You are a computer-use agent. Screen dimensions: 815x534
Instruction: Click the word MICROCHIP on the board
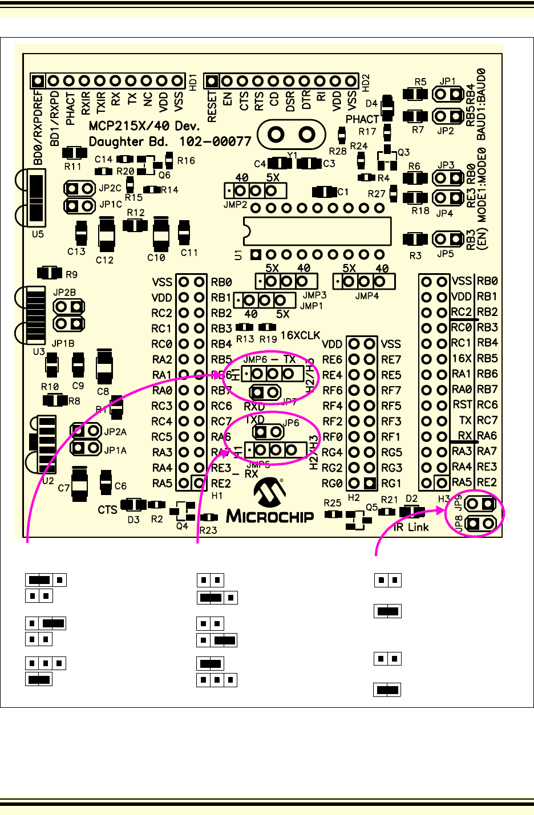click(270, 517)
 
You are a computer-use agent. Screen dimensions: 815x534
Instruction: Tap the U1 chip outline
click(318, 231)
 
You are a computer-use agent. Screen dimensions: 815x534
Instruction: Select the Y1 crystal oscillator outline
click(292, 135)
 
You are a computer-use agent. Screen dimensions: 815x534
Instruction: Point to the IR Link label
click(411, 528)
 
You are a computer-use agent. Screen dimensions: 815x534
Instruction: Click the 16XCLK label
click(300, 335)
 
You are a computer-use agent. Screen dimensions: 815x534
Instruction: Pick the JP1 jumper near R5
click(448, 94)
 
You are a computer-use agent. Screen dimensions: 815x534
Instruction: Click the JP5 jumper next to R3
click(448, 238)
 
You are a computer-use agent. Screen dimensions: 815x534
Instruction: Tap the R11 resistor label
click(72, 167)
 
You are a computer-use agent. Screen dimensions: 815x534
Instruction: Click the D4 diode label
click(371, 104)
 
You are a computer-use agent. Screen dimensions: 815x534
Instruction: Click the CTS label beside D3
click(107, 509)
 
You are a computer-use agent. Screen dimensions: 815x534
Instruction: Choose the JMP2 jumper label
click(235, 205)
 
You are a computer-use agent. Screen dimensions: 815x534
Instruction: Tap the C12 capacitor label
click(104, 260)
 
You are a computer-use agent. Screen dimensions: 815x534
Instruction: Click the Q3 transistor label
click(404, 152)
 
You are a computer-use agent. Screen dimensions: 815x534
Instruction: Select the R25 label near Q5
click(332, 503)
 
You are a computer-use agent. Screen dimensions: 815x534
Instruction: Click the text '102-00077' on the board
click(215, 141)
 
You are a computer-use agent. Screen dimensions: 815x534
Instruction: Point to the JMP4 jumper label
click(366, 296)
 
